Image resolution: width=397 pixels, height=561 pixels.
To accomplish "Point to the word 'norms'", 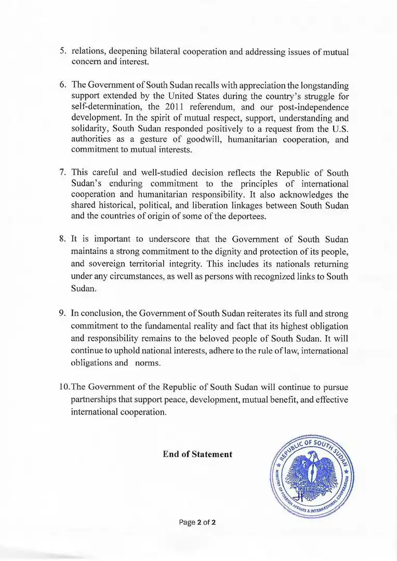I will (x=148, y=363).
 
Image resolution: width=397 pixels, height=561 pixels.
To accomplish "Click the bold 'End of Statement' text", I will (x=197, y=454).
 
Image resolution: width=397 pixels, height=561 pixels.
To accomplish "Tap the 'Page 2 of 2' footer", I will (x=197, y=522).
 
